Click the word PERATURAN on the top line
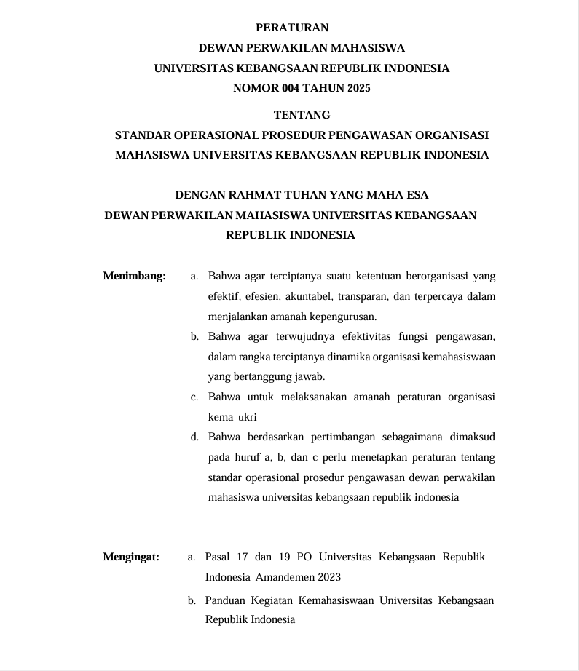click(293, 28)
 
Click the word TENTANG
click(302, 115)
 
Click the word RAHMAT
click(256, 195)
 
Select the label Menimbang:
click(135, 277)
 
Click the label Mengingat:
click(132, 557)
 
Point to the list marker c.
click(194, 397)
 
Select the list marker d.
click(194, 437)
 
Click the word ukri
click(248, 418)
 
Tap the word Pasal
click(217, 557)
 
